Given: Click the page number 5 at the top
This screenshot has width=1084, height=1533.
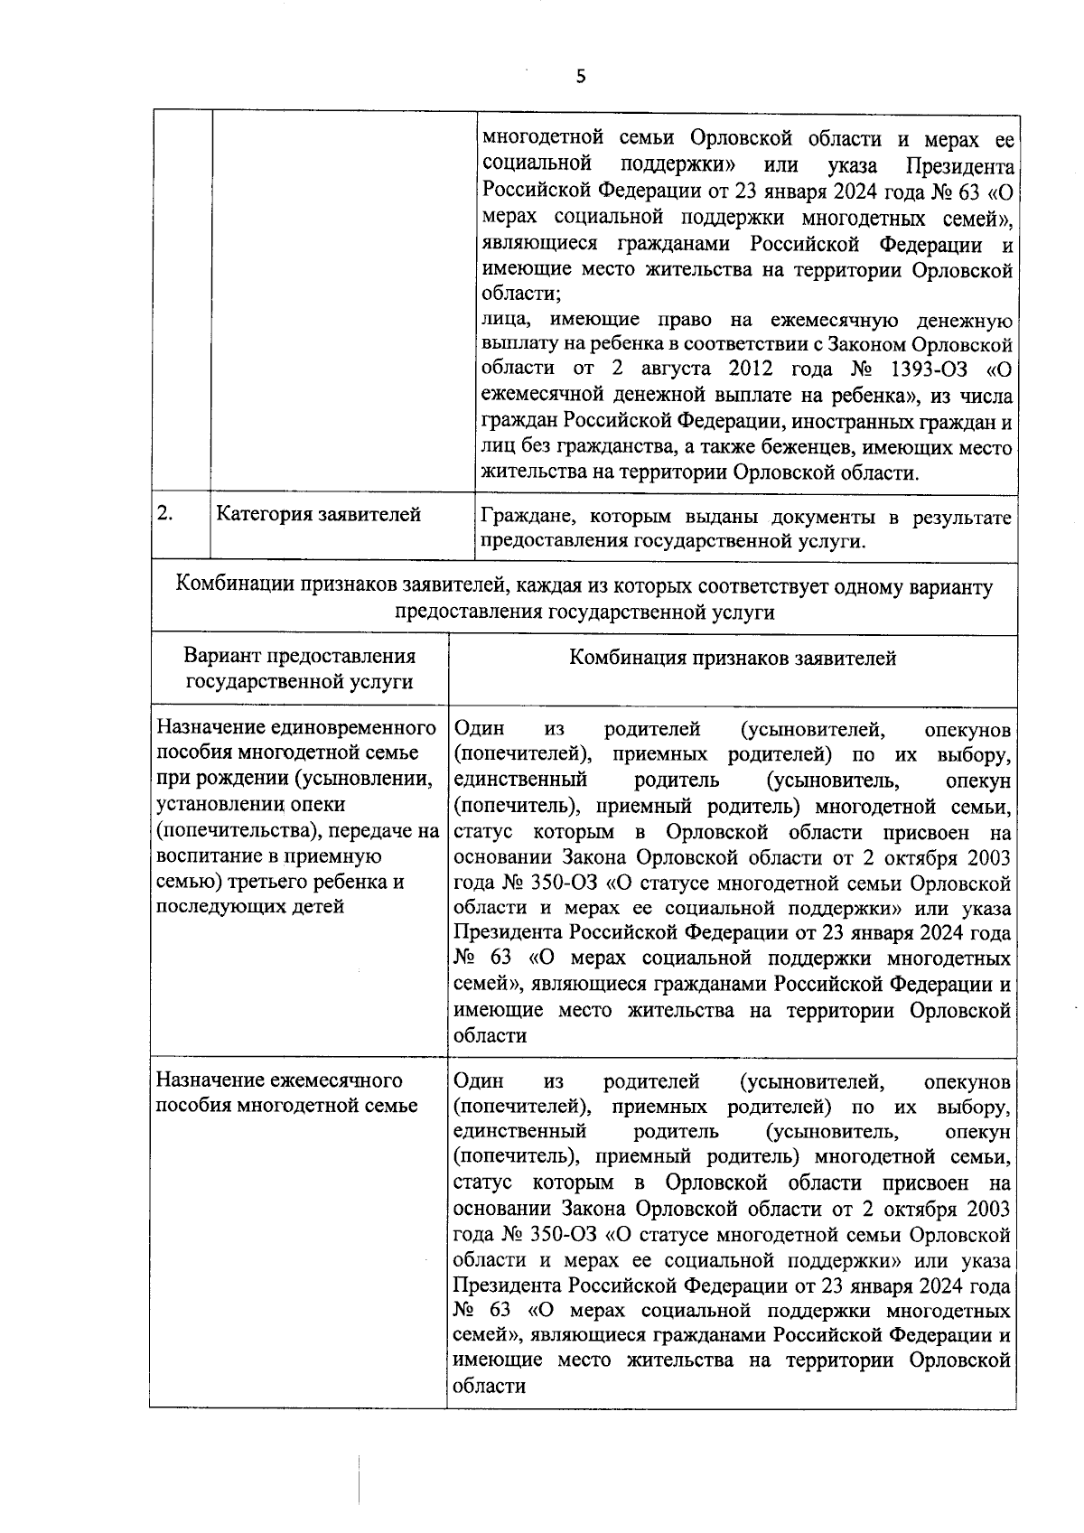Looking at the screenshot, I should pos(581,78).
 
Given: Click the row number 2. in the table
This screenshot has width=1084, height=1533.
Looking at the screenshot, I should pos(165,513).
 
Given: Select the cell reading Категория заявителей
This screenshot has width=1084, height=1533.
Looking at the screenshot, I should pos(318,515).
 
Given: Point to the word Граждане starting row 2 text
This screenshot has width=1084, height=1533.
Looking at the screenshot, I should pos(528,517).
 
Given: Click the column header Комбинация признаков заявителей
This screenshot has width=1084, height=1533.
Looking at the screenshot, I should pos(732,659).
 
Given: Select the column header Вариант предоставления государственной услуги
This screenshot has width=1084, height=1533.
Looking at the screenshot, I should pos(299,669).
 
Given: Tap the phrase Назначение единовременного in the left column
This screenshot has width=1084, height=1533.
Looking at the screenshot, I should pos(296,728).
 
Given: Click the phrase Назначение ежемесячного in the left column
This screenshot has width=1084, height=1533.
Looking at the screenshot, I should pos(279,1080).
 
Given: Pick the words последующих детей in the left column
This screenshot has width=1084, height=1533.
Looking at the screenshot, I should pos(250,906).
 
